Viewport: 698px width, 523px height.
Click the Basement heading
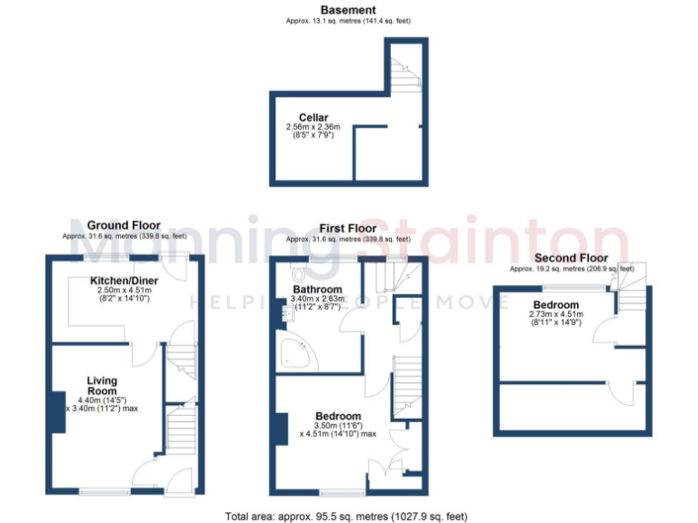coord(348,10)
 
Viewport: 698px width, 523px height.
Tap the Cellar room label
coord(314,117)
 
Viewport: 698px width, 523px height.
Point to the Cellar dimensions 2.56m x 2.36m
coord(307,127)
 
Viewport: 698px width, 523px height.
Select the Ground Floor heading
coord(124,225)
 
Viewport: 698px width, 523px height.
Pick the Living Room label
coord(103,386)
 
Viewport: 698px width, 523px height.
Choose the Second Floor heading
coord(571,258)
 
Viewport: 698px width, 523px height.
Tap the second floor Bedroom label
coord(556,304)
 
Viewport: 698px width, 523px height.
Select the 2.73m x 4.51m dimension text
coord(556,315)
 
